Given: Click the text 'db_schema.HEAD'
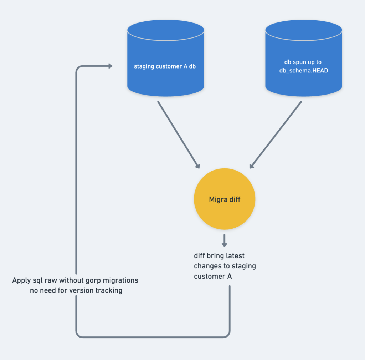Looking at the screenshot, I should click(303, 71).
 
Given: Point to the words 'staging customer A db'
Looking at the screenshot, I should click(165, 66).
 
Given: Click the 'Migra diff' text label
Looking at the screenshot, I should click(224, 199).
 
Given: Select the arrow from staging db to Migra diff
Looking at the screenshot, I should click(178, 135).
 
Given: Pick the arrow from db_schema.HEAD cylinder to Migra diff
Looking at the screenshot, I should click(276, 135).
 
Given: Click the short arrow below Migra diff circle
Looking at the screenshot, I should click(224, 241).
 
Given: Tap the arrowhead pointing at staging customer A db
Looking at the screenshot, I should click(109, 66).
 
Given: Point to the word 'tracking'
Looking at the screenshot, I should click(108, 290).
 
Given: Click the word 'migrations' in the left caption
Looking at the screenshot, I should click(120, 280).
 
